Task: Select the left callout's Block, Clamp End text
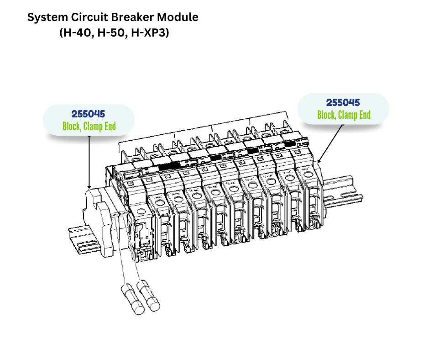89,126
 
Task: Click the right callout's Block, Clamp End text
344,115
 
